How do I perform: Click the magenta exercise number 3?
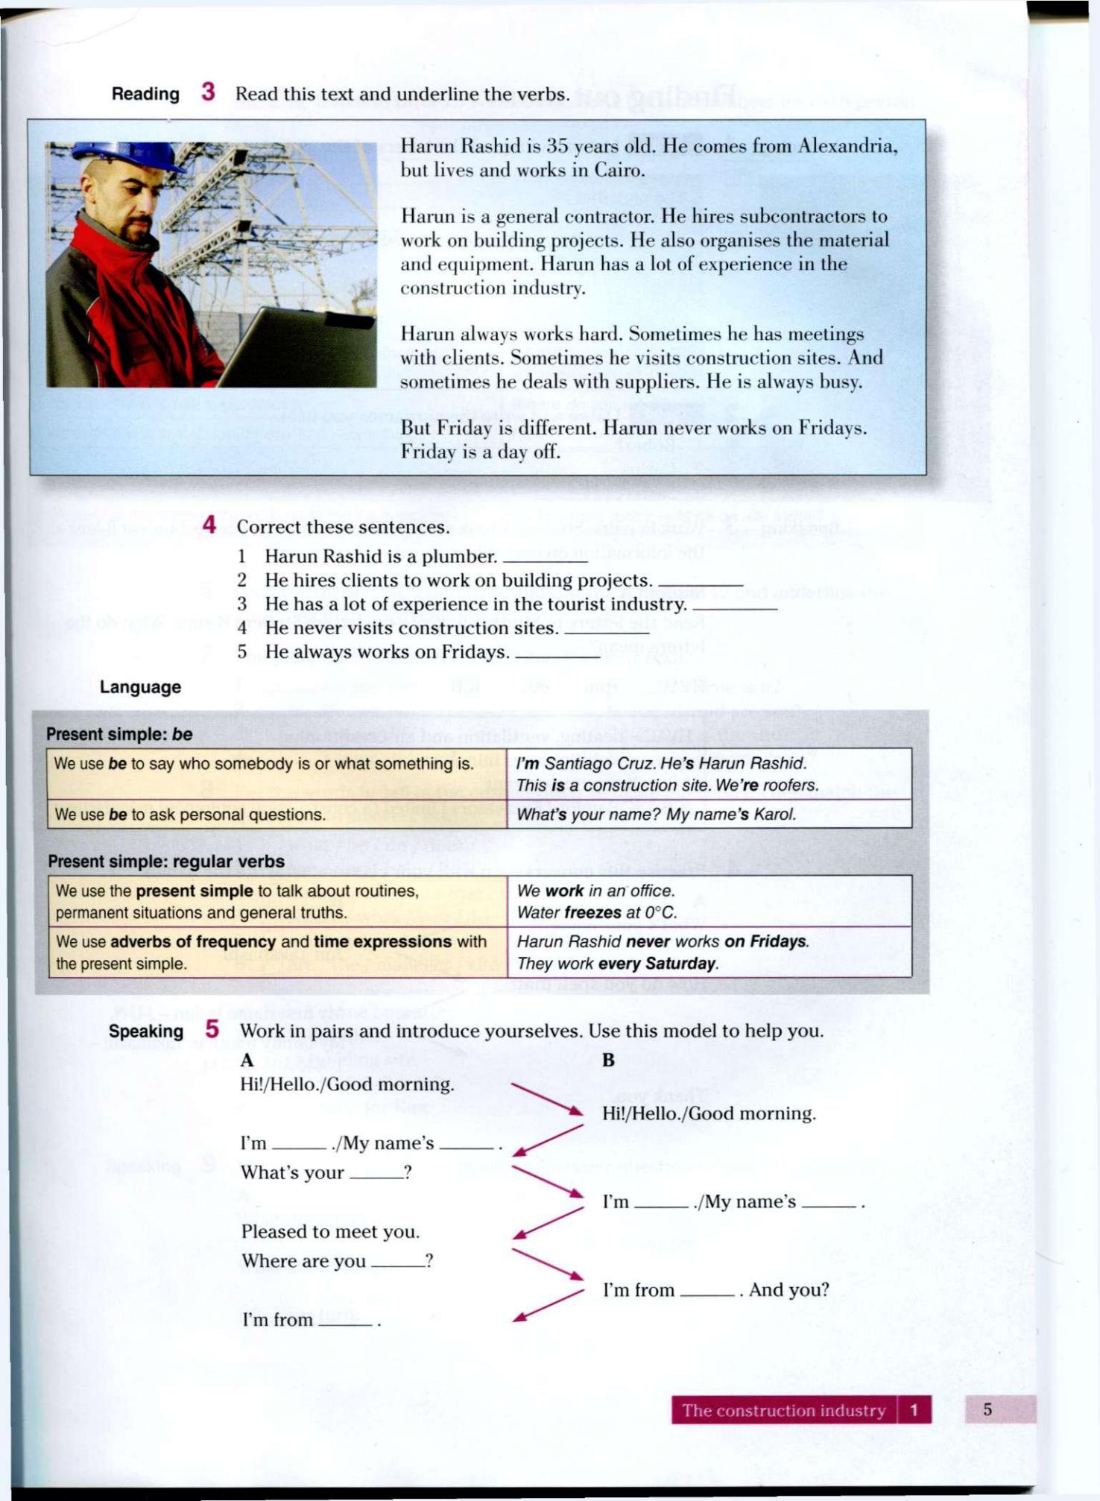coord(208,92)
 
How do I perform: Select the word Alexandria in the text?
coord(847,146)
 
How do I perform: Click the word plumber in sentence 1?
coord(459,557)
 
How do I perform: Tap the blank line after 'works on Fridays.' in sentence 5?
coord(557,656)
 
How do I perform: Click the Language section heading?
coord(140,687)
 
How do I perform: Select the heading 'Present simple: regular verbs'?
coord(166,862)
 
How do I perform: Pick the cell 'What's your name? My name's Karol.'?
coord(708,815)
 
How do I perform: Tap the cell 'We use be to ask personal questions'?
coord(276,815)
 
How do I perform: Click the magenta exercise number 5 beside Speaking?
coord(212,1030)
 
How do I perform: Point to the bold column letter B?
coord(608,1060)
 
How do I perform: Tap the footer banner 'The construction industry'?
coord(783,1410)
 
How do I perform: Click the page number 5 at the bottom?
coord(987,1409)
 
